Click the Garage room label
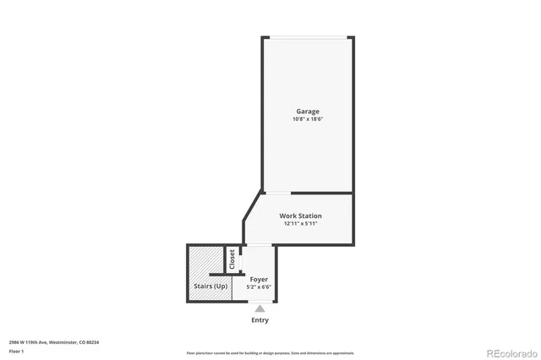tap(308, 112)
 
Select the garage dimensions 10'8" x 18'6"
tap(308, 119)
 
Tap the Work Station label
tap(300, 216)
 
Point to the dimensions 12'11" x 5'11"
tap(300, 224)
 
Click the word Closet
tap(232, 259)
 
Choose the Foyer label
tap(259, 279)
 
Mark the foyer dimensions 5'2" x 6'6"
tap(259, 286)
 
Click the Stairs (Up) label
tap(210, 286)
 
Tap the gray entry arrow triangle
tap(260, 309)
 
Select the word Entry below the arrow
tap(260, 320)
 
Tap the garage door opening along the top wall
tap(308, 36)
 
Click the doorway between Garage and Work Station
tap(278, 193)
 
